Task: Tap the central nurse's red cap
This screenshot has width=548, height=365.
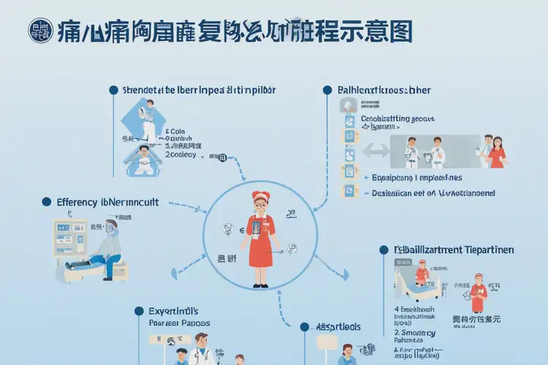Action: tap(262, 197)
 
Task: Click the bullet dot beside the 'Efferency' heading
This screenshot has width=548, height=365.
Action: tap(45, 201)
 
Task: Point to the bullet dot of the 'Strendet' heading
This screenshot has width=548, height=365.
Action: tap(113, 90)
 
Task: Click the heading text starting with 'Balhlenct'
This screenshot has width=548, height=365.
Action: tap(384, 90)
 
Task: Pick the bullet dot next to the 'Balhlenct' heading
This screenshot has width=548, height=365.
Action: tap(327, 90)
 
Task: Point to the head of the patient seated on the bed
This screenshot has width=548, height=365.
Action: tap(110, 227)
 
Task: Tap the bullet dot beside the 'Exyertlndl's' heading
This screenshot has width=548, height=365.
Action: tap(139, 311)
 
